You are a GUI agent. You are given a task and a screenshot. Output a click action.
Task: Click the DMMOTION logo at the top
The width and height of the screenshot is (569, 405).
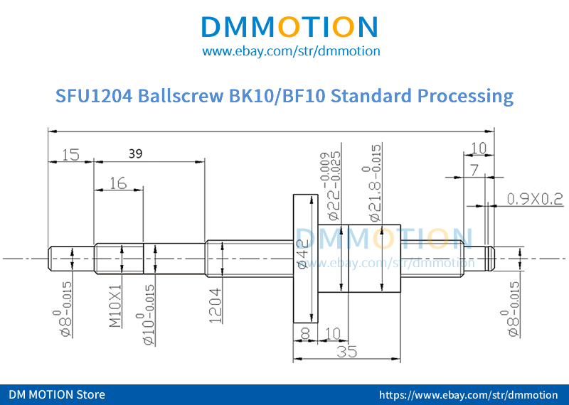(x=290, y=26)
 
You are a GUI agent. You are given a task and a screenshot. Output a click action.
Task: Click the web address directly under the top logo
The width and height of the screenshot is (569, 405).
(x=291, y=51)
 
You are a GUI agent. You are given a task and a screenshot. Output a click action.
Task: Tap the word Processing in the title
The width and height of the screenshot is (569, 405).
(x=465, y=96)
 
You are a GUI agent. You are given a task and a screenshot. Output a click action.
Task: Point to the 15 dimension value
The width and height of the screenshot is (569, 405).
(x=70, y=154)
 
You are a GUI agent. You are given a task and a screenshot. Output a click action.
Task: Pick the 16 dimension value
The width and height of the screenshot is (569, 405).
(x=118, y=183)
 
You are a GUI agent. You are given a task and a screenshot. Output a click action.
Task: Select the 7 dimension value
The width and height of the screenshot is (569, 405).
(x=474, y=169)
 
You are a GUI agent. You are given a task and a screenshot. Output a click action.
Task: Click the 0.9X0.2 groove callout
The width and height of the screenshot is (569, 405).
(x=534, y=200)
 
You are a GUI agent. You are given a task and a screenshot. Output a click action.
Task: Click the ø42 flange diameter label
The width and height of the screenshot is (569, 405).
(x=302, y=256)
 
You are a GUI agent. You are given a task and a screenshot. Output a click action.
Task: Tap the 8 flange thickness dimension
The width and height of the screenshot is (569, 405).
(x=305, y=333)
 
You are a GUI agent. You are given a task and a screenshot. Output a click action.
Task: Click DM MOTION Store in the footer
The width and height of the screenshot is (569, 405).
(x=57, y=394)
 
